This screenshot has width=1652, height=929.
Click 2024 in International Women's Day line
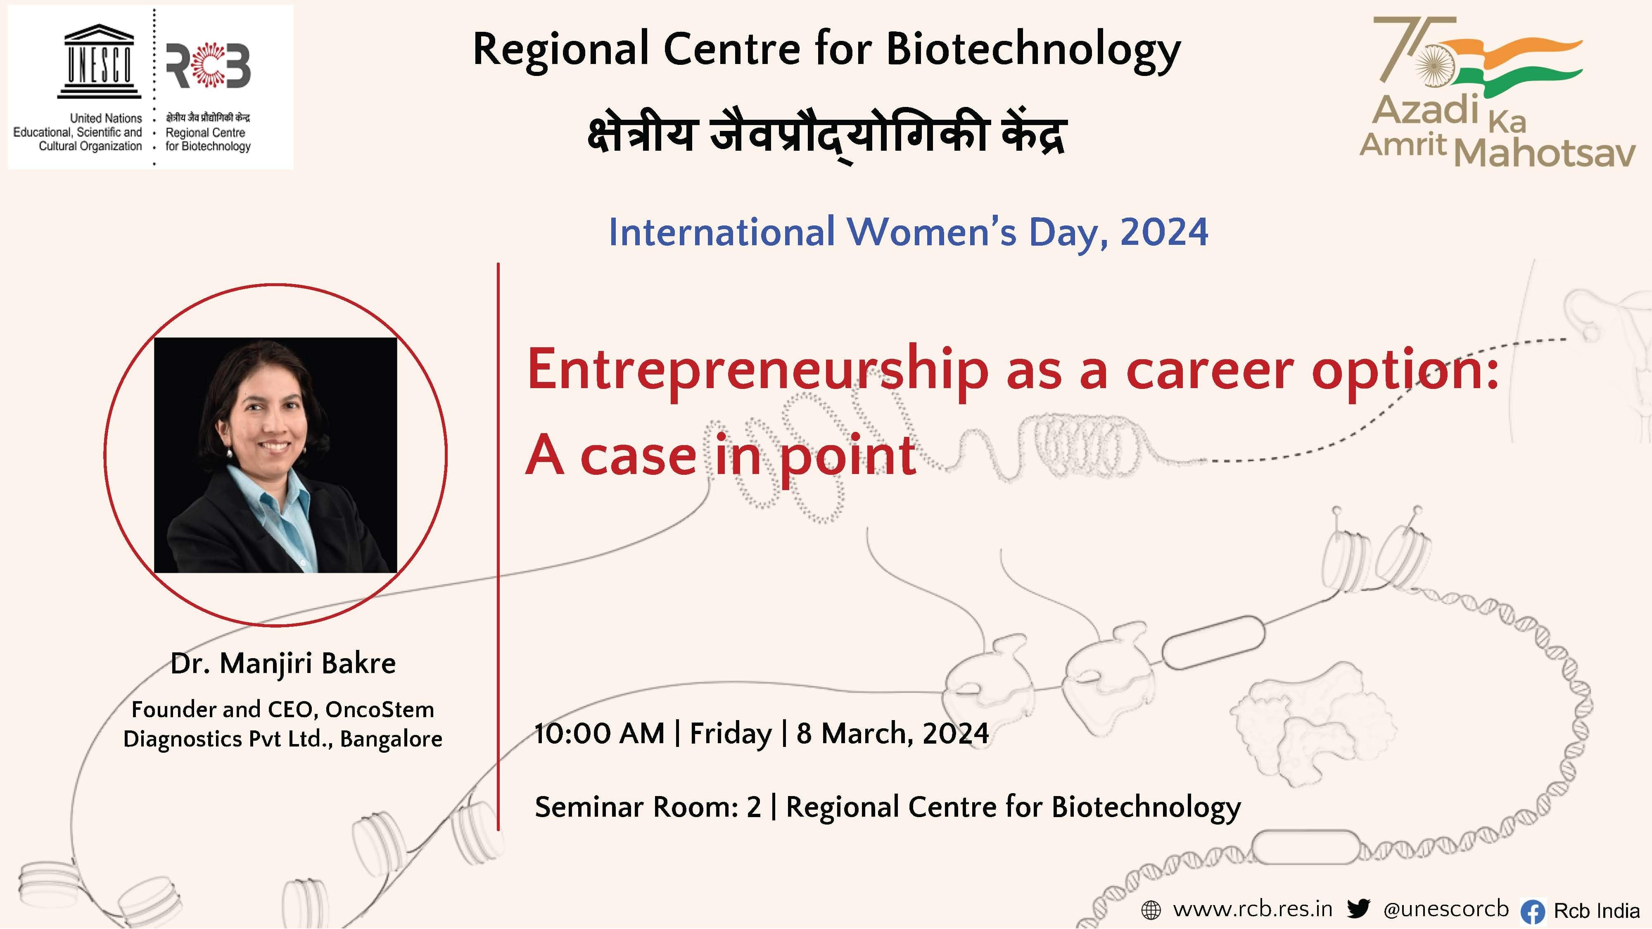pos(1163,232)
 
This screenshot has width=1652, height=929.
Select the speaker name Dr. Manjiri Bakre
pos(283,664)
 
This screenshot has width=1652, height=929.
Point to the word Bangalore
pos(391,739)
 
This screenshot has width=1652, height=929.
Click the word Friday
pos(731,734)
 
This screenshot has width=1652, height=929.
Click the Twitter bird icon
pos(1358,908)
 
